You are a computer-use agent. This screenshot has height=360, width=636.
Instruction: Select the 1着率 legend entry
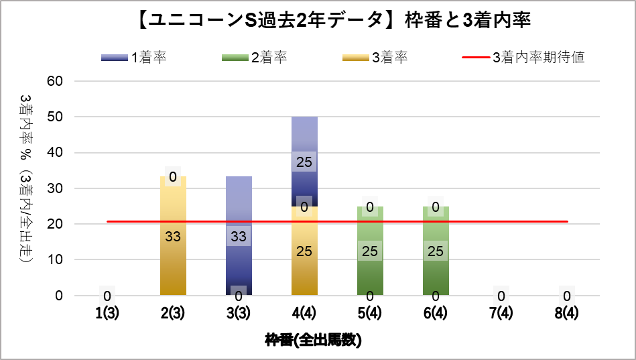tap(134, 58)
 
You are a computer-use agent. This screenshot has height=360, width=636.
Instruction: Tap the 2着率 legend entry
tap(255, 58)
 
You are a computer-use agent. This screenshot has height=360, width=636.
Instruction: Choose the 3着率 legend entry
tap(375, 58)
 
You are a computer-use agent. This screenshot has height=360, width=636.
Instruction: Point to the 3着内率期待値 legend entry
tap(523, 58)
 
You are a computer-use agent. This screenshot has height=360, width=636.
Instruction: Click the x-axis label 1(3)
tap(107, 313)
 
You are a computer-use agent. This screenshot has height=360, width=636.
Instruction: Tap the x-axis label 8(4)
tap(567, 313)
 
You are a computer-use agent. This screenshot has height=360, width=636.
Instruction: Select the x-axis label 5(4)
tap(370, 313)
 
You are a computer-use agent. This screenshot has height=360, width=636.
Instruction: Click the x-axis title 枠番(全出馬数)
tap(313, 340)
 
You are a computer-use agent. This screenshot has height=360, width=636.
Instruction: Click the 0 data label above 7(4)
tap(501, 295)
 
